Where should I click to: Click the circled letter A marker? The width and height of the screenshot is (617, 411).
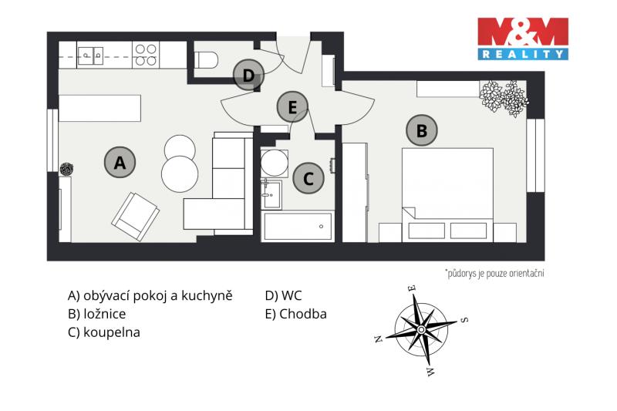(120, 162)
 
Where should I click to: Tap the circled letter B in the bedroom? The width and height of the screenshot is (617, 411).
(422, 130)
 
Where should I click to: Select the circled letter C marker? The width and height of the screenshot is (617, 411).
(308, 178)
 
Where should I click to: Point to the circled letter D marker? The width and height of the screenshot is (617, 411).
(248, 75)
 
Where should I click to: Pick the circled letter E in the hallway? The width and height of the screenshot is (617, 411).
(292, 106)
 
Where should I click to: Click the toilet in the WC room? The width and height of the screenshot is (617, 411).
(206, 60)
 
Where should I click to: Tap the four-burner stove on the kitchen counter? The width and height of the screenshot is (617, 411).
(146, 55)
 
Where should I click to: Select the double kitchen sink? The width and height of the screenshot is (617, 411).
(91, 56)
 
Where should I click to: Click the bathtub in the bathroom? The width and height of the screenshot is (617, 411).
(298, 227)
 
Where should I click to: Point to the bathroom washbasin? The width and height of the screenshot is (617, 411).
(271, 194)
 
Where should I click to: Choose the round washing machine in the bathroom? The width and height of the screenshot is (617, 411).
(275, 163)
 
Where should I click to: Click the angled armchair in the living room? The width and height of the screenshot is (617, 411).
(136, 217)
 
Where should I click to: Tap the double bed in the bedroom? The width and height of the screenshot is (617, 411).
(447, 194)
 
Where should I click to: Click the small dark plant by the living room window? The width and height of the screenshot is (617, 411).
(66, 169)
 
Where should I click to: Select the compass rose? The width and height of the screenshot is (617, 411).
(421, 329)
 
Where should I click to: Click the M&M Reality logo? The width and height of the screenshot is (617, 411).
(523, 39)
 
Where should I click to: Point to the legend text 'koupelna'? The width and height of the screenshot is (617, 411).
(112, 332)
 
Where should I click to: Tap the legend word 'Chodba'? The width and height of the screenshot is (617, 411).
(303, 314)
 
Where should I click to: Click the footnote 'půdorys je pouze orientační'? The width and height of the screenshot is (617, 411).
(494, 273)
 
